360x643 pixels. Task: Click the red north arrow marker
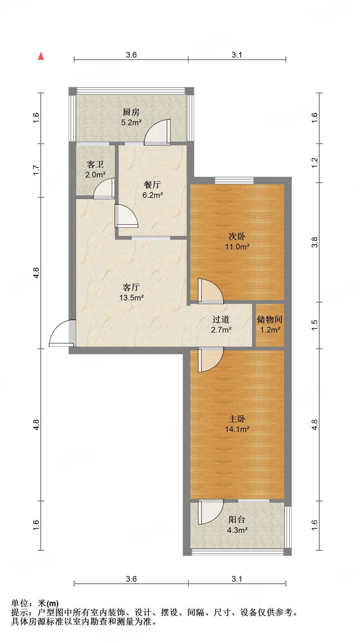click(x=41, y=56)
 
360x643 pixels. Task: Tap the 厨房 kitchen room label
click(x=131, y=112)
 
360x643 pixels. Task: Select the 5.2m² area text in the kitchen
click(x=131, y=123)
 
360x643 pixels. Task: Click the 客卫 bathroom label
click(x=95, y=165)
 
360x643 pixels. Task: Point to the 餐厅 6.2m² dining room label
click(x=152, y=190)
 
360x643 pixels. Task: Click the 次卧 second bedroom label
click(x=237, y=236)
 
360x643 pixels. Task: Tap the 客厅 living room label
click(x=131, y=287)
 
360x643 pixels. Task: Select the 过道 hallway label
click(x=221, y=320)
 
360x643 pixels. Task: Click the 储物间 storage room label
click(x=270, y=320)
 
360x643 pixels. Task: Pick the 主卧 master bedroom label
click(x=237, y=419)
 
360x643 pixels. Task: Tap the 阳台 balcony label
click(x=237, y=520)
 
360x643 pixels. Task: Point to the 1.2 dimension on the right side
click(x=315, y=163)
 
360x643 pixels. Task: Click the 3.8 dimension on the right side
click(x=315, y=242)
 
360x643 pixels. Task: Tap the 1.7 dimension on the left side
click(x=36, y=170)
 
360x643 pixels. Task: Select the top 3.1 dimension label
click(x=237, y=55)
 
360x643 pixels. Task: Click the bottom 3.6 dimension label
click(x=131, y=579)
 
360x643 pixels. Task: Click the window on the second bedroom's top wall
click(x=234, y=181)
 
